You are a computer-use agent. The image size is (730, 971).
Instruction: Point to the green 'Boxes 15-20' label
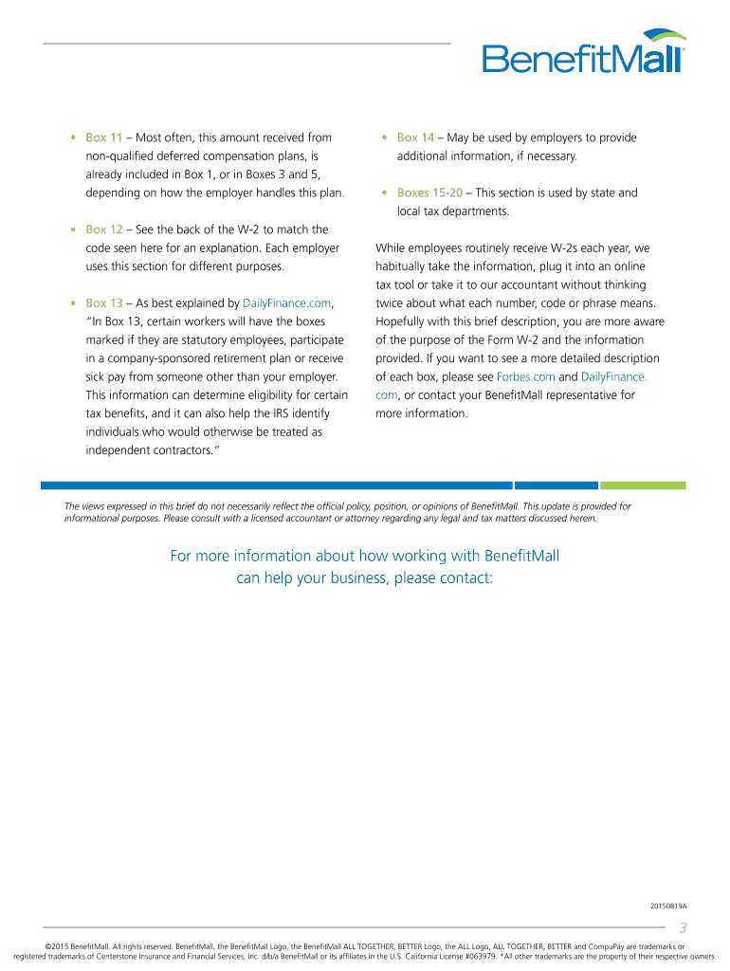[x=429, y=193]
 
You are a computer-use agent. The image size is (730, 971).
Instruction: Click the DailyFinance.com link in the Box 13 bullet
[x=288, y=303]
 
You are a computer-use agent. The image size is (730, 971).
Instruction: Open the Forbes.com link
[x=525, y=377]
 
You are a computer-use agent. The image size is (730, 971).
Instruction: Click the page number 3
[x=682, y=928]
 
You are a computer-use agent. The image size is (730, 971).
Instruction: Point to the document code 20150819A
[x=667, y=907]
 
